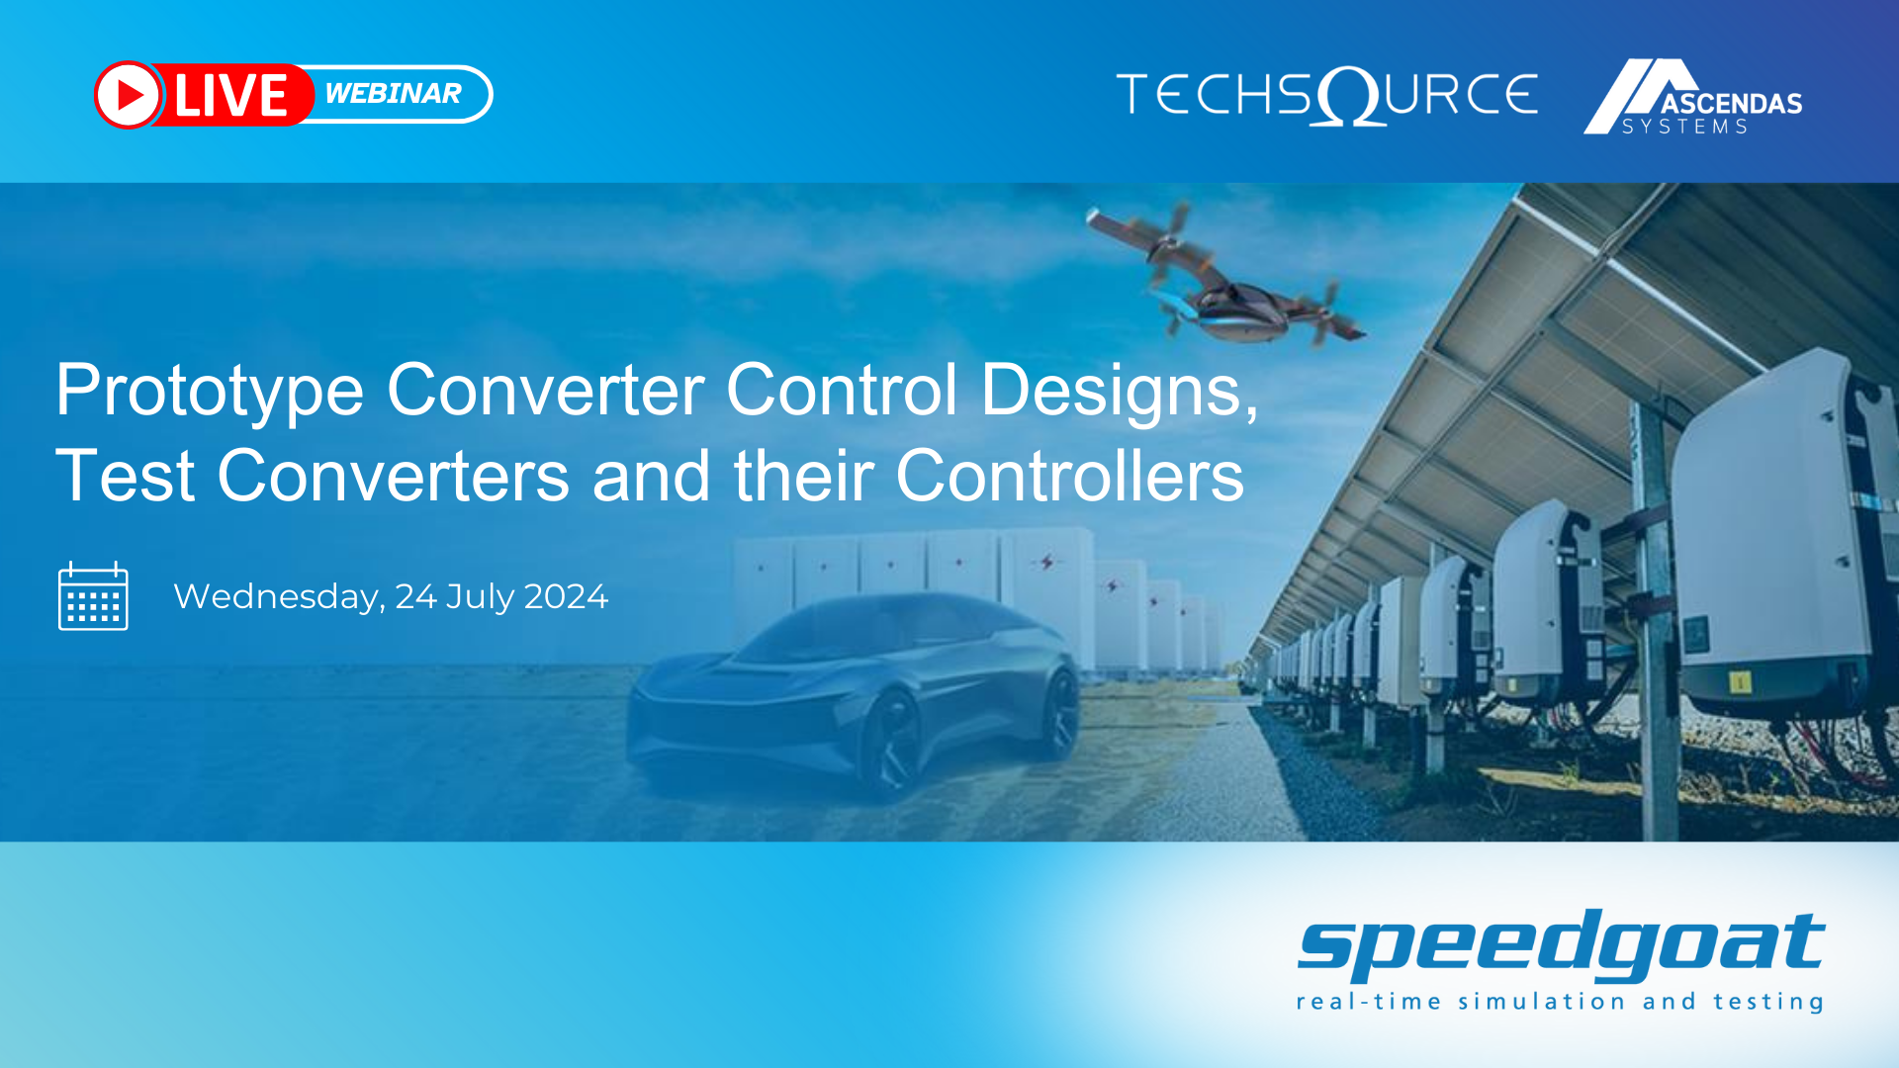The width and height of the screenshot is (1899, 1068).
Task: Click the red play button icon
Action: pos(128,95)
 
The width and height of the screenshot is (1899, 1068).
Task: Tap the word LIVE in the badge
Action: pos(230,95)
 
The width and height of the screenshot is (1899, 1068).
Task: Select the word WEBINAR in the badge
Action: pos(393,93)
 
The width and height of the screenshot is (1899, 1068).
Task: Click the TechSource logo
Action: pos(1326,96)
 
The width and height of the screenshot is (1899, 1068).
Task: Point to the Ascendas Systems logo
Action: pos(1692,97)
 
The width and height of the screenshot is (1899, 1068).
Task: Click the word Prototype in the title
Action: pos(210,391)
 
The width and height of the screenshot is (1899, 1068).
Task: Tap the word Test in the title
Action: pos(125,477)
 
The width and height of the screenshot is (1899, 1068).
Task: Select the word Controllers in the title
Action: pos(1069,477)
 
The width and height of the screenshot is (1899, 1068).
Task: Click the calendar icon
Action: pos(93,596)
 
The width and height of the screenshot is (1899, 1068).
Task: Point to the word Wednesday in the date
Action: pos(279,597)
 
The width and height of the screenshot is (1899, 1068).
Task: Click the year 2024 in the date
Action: pos(565,596)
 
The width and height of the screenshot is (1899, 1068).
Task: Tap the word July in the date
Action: pos(480,597)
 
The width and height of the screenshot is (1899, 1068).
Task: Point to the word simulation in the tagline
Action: pos(1541,1002)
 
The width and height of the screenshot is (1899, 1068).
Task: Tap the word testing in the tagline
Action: pos(1767,1002)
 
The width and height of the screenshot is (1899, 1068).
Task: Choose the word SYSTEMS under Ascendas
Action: pos(1684,127)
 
